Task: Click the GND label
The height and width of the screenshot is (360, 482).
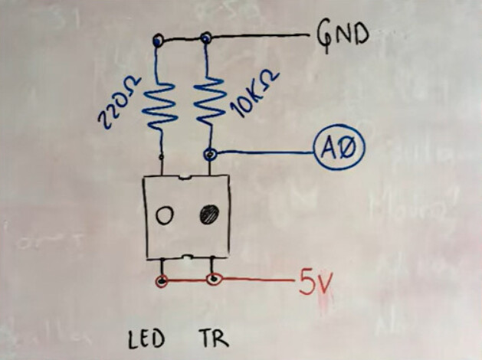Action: click(x=342, y=34)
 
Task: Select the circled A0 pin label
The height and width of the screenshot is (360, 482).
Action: click(x=338, y=147)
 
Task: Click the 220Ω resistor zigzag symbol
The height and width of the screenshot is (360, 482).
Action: click(x=159, y=103)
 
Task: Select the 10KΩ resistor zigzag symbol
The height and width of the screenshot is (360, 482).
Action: click(x=208, y=100)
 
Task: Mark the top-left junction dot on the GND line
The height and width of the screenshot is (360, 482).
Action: click(x=158, y=39)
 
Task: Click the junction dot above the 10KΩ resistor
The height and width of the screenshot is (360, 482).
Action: click(x=205, y=38)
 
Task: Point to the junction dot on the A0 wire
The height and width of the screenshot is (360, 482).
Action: click(x=209, y=154)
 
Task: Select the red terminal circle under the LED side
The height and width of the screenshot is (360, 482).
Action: click(x=162, y=281)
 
